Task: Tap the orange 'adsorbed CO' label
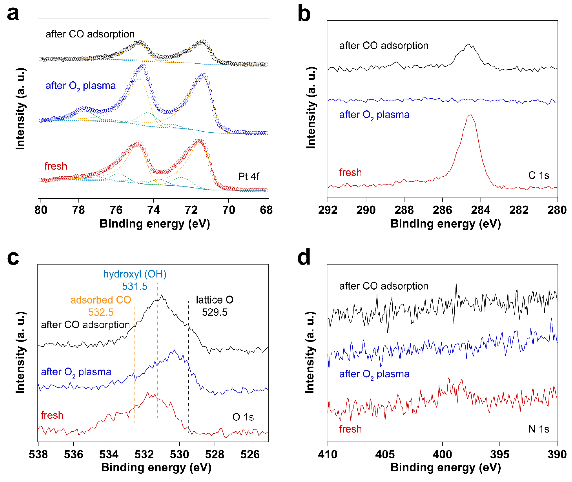click(101, 300)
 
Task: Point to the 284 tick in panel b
click(480, 210)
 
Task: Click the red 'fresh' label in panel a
click(56, 166)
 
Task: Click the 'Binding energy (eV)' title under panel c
click(156, 467)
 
